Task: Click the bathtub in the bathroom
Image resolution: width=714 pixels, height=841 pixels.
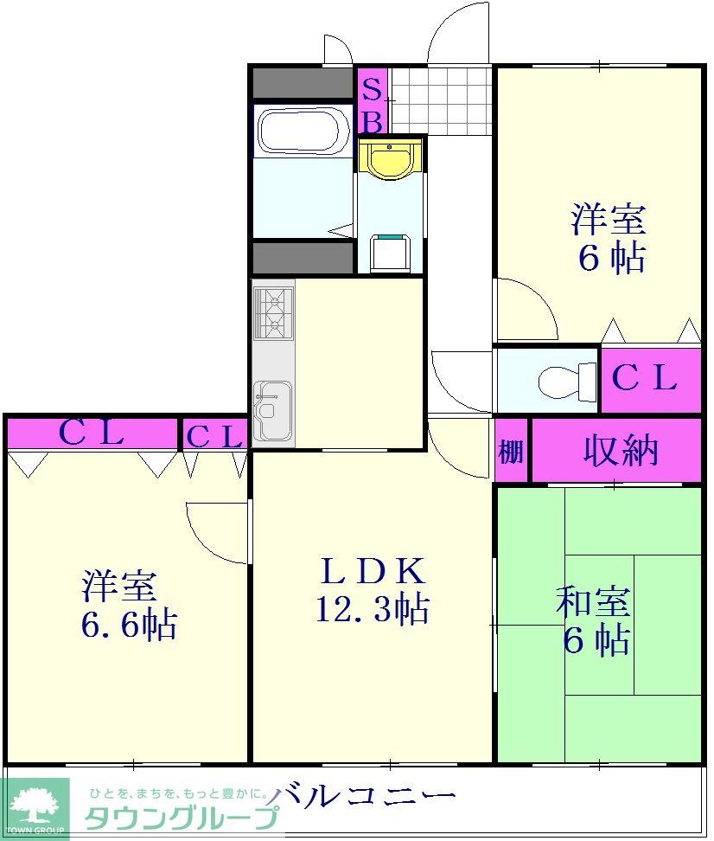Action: coord(302,132)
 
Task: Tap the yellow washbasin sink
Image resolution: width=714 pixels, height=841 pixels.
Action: coord(391,159)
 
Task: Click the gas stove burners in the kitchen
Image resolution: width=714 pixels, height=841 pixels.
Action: coord(273,311)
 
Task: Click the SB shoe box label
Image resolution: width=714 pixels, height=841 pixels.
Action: coord(372,104)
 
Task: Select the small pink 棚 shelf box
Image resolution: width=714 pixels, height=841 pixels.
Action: coord(511,451)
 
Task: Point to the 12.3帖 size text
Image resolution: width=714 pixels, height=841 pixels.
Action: coord(372,611)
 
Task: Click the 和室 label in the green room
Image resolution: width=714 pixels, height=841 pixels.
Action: coord(593,601)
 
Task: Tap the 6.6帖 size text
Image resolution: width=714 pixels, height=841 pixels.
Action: coord(130,624)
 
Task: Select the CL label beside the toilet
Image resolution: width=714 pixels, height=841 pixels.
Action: coord(645,378)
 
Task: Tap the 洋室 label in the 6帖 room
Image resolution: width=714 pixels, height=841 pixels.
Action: coord(609,220)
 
